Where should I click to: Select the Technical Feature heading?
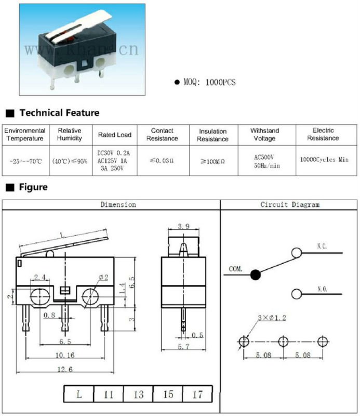pyautogui.click(x=59, y=113)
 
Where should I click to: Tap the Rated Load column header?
pyautogui.click(x=115, y=135)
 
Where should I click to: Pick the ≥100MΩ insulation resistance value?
pyautogui.click(x=212, y=161)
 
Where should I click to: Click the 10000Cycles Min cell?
pyautogui.click(x=324, y=160)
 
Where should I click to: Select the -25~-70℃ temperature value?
pyautogui.click(x=26, y=161)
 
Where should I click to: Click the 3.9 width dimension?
pyautogui.click(x=183, y=227)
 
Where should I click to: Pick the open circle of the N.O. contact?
pyautogui.click(x=297, y=294)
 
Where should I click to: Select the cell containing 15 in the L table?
pyautogui.click(x=168, y=394)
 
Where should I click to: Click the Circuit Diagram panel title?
pyautogui.click(x=290, y=205)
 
